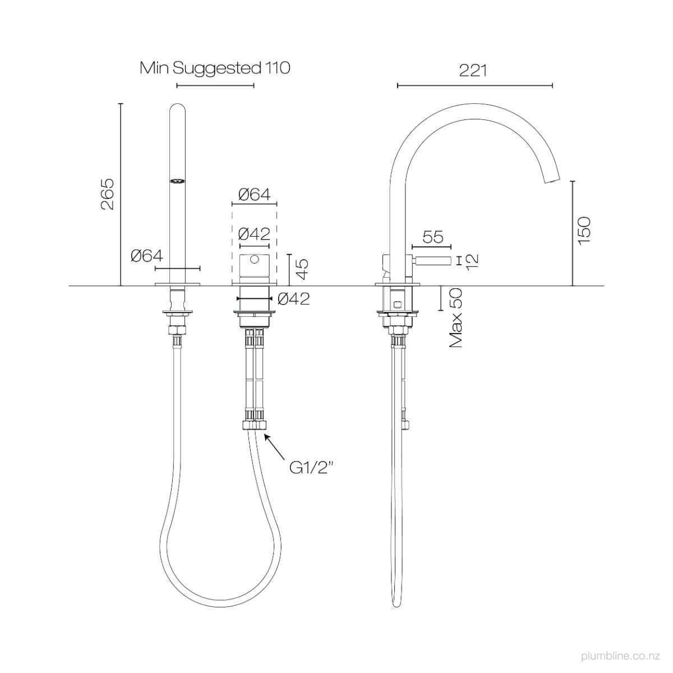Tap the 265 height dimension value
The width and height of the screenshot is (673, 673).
pos(107,194)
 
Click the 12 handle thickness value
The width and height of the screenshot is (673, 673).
pos(472,260)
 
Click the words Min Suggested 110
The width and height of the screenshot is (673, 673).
pos(215,68)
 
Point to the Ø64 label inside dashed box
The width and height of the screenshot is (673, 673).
pos(254,195)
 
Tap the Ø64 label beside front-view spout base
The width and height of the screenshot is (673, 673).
pos(146,256)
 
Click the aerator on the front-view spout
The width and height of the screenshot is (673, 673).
pos(177,181)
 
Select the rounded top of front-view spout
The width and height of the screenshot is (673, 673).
pos(177,108)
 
